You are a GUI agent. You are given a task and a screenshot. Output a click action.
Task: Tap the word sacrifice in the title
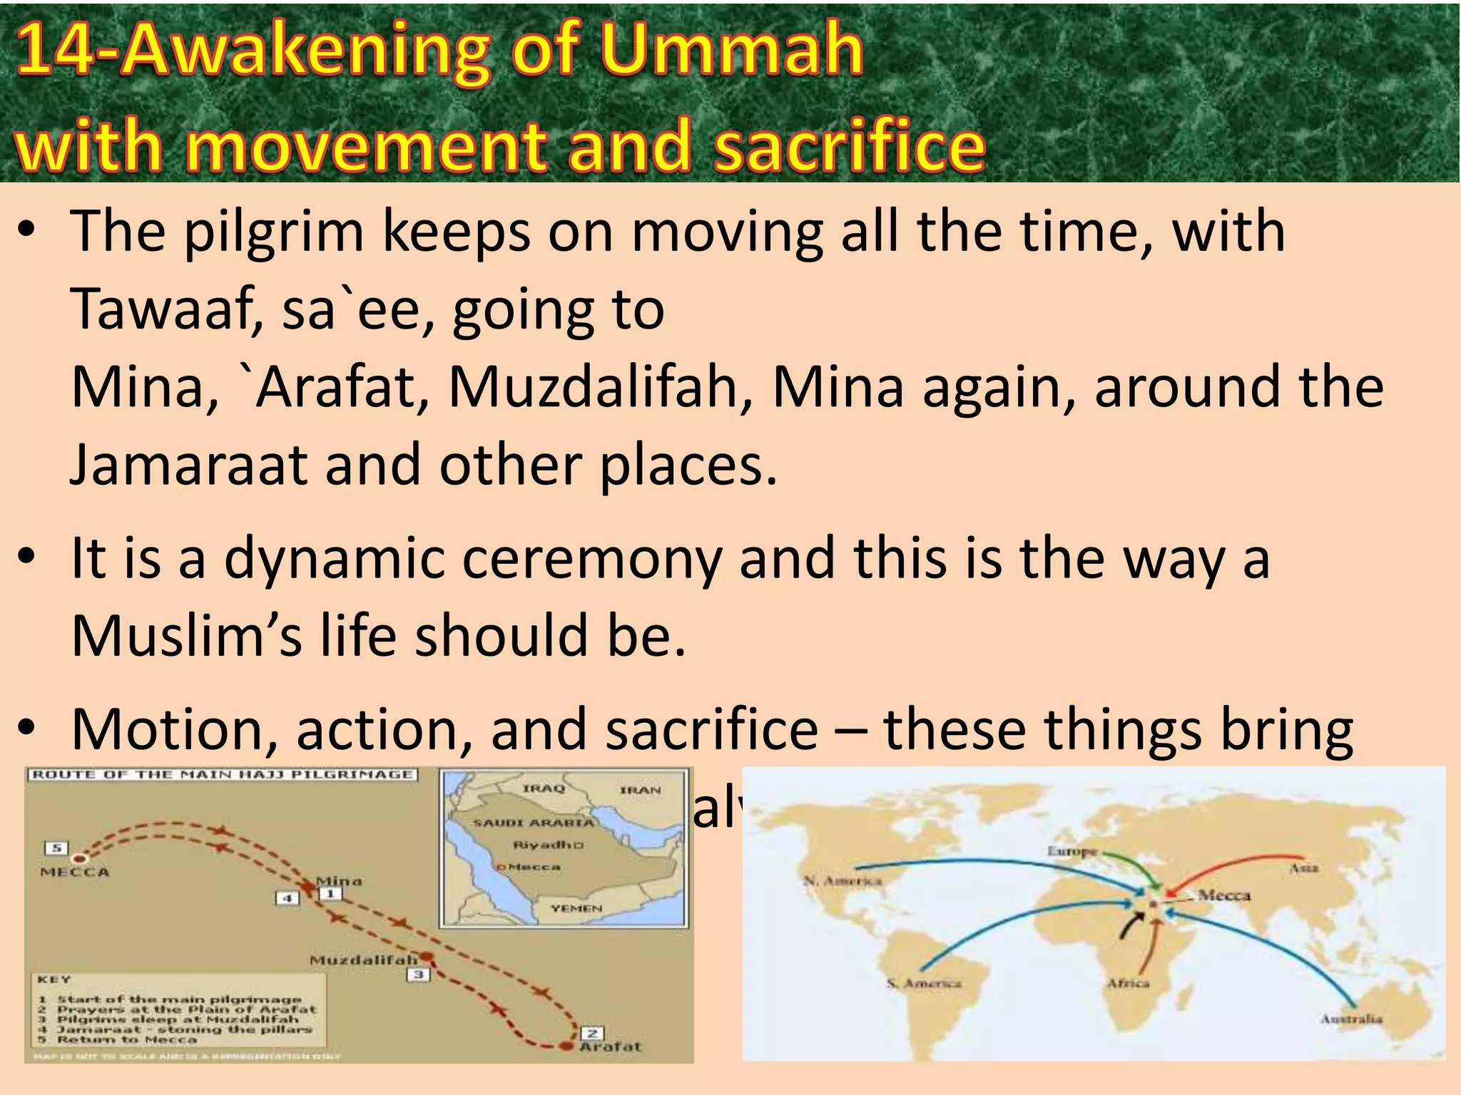(849, 146)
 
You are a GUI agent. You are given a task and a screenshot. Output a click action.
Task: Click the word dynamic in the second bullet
(335, 558)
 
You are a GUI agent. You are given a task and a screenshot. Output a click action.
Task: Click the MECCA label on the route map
(75, 872)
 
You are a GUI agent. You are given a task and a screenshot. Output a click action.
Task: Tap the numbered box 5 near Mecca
(56, 848)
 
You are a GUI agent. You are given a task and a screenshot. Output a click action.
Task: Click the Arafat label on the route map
(611, 1047)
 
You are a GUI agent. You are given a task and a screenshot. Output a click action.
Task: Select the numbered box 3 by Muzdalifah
(419, 974)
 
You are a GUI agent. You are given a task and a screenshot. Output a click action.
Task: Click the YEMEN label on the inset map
(576, 908)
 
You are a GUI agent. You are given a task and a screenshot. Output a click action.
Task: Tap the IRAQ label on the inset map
(544, 788)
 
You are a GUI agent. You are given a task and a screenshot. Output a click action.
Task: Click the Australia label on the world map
(1350, 1019)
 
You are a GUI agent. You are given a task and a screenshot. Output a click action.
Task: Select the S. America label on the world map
(924, 984)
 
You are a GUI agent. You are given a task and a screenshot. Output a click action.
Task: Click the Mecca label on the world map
(1224, 895)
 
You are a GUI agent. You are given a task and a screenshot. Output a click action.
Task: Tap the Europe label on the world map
(1071, 851)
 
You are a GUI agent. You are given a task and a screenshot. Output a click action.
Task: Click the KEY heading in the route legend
(54, 980)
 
